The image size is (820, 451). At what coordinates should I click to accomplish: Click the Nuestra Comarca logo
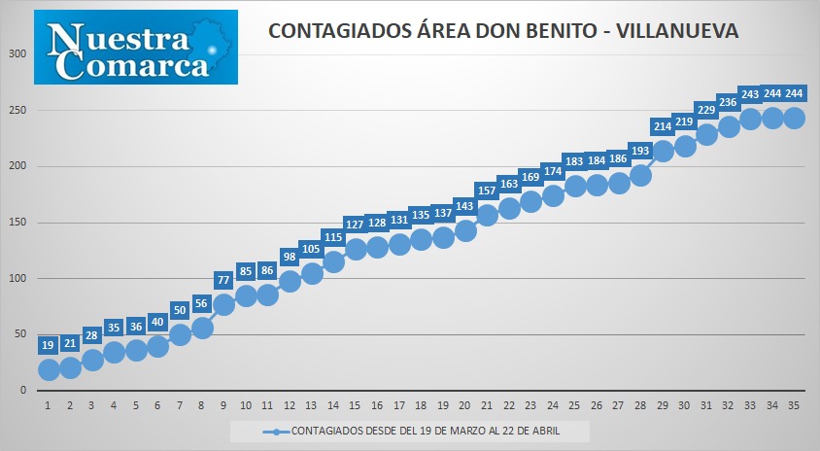pyautogui.click(x=136, y=47)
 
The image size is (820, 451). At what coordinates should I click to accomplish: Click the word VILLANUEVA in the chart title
pyautogui.click(x=677, y=31)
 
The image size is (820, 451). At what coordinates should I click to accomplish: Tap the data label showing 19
pyautogui.click(x=48, y=345)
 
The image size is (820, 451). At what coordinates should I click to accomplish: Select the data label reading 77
pyautogui.click(x=223, y=280)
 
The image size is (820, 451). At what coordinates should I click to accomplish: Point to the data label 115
pyautogui.click(x=333, y=237)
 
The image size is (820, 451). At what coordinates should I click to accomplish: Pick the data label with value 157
pyautogui.click(x=487, y=191)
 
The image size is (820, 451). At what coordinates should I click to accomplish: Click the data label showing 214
pyautogui.click(x=663, y=126)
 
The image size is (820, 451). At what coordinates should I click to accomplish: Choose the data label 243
pyautogui.click(x=750, y=94)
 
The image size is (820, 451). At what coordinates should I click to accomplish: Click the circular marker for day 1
pyautogui.click(x=49, y=370)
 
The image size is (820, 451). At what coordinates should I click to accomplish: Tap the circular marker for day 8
pyautogui.click(x=202, y=329)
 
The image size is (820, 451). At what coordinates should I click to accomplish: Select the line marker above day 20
pyautogui.click(x=465, y=230)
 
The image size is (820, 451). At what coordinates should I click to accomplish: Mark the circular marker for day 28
pyautogui.click(x=640, y=175)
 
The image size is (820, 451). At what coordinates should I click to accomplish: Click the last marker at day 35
pyautogui.click(x=795, y=119)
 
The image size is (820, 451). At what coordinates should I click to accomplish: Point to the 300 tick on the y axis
pyautogui.click(x=17, y=53)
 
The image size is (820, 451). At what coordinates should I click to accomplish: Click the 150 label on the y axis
pyautogui.click(x=17, y=223)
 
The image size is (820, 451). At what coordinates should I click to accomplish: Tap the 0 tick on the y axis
pyautogui.click(x=23, y=391)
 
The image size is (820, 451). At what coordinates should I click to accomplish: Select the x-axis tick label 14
pyautogui.click(x=333, y=405)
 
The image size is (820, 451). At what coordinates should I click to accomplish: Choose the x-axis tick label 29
pyautogui.click(x=663, y=405)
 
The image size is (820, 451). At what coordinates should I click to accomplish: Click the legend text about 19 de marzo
pyautogui.click(x=426, y=432)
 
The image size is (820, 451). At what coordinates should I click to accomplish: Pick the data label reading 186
pyautogui.click(x=619, y=158)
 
